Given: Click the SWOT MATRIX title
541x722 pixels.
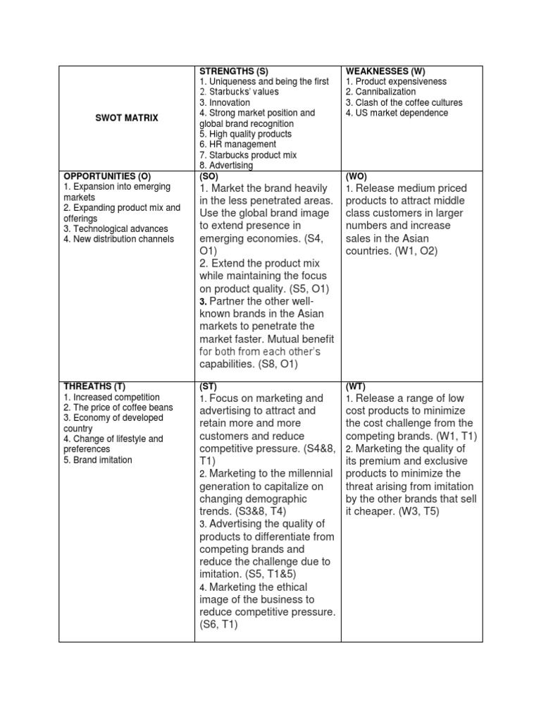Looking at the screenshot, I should (127, 118).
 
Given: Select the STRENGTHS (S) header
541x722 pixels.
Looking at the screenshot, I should (232, 71).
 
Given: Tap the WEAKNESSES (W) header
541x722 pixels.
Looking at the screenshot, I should (385, 71).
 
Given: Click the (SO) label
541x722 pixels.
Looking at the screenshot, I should (209, 176).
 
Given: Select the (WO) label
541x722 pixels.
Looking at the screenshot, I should (355, 176).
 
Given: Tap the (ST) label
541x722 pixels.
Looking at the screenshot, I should (208, 387).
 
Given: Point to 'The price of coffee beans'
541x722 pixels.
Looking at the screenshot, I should (118, 408).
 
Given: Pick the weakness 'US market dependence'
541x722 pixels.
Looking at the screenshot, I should (397, 113).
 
